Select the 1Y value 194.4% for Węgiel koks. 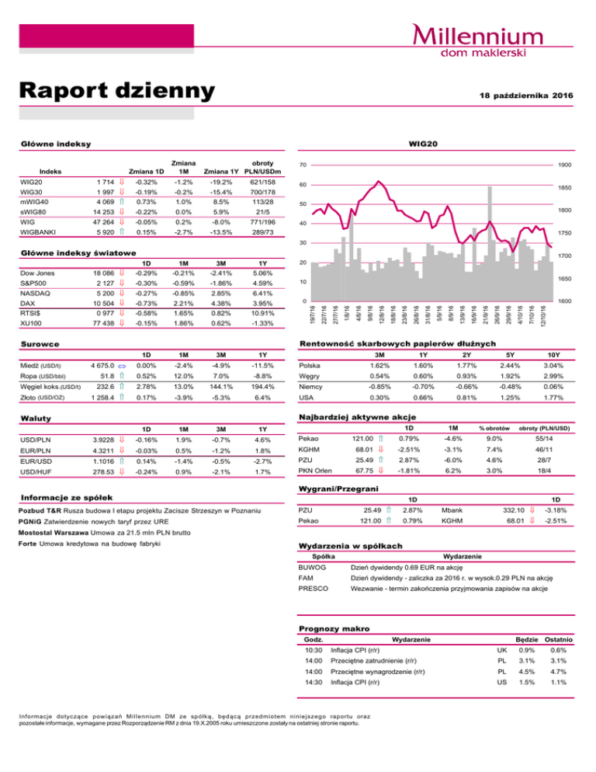tap(266, 387)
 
